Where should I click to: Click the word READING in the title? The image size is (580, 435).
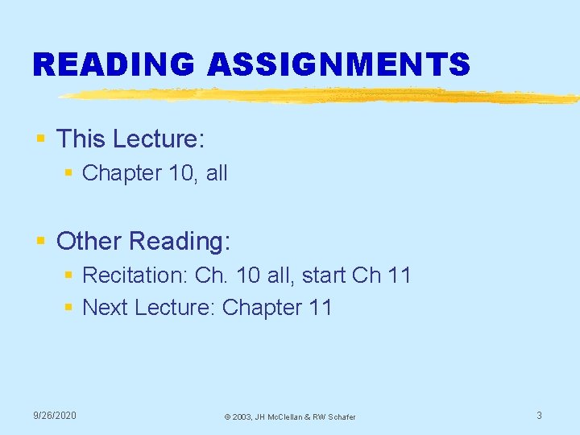pos(114,64)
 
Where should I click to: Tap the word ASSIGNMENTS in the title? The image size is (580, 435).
pos(339,64)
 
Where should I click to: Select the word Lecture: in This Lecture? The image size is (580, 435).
pos(159,139)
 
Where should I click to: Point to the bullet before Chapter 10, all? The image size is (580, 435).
pos(69,173)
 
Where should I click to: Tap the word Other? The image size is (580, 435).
pos(89,241)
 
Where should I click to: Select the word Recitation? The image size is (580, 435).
pos(135,275)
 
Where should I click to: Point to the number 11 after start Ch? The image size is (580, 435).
pos(399,275)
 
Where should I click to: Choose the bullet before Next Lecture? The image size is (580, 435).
pos(69,308)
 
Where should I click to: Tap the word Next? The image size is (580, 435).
pos(106,308)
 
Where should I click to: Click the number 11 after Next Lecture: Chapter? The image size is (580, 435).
pos(319,308)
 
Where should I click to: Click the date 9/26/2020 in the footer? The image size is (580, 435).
pos(55,415)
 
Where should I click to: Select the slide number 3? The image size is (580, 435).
pos(539,415)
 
